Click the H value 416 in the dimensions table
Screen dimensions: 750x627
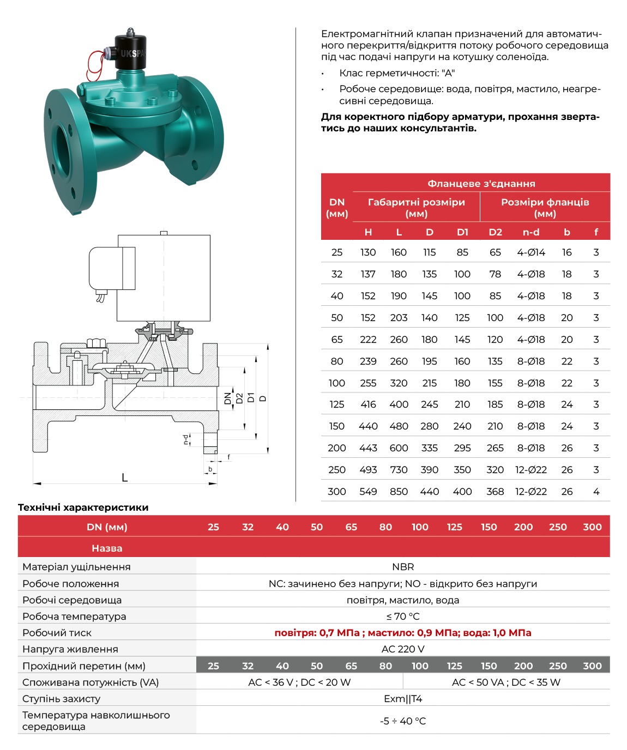(368, 404)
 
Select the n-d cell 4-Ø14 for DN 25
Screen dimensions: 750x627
(531, 252)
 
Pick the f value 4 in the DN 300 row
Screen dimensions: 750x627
(596, 492)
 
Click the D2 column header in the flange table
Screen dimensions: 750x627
(495, 232)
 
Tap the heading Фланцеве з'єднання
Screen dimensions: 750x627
(481, 184)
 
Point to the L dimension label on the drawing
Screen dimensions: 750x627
(125, 478)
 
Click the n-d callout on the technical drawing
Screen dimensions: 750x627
(186, 439)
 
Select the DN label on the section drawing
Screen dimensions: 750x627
(228, 398)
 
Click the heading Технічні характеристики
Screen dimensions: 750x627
(83, 507)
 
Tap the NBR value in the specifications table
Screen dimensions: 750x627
(403, 567)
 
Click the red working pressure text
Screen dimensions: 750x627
(403, 633)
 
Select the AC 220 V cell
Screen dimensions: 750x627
(403, 649)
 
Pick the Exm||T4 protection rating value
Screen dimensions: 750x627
(403, 699)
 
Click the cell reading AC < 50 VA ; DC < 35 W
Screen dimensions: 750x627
(506, 682)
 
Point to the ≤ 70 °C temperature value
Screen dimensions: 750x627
(403, 616)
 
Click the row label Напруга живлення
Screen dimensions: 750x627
(70, 649)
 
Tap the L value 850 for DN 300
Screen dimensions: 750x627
(399, 492)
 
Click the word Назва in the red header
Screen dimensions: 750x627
(107, 548)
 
